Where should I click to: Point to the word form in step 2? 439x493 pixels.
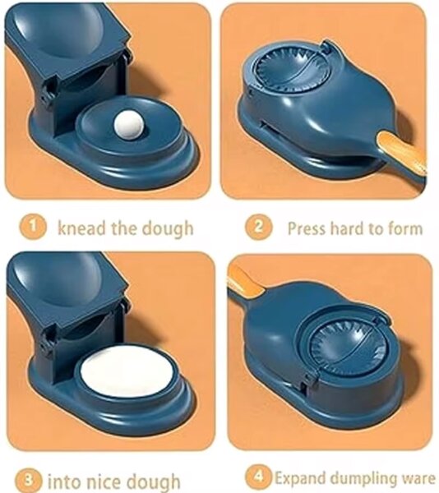[405, 228]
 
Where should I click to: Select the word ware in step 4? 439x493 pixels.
[416, 478]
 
